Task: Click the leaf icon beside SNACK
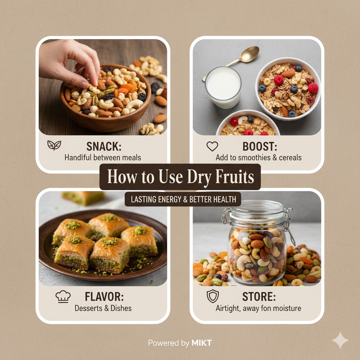click(54, 145)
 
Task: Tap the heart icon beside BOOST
click(212, 146)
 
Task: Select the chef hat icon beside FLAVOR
click(63, 296)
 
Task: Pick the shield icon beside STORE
click(213, 296)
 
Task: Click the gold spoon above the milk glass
click(239, 57)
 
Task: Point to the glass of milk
click(223, 88)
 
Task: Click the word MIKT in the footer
click(201, 343)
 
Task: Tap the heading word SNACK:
click(104, 147)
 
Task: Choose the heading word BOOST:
click(260, 147)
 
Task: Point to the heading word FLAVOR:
click(104, 296)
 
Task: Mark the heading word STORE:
click(259, 296)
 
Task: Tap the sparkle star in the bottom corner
click(340, 340)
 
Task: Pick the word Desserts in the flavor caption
click(88, 308)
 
